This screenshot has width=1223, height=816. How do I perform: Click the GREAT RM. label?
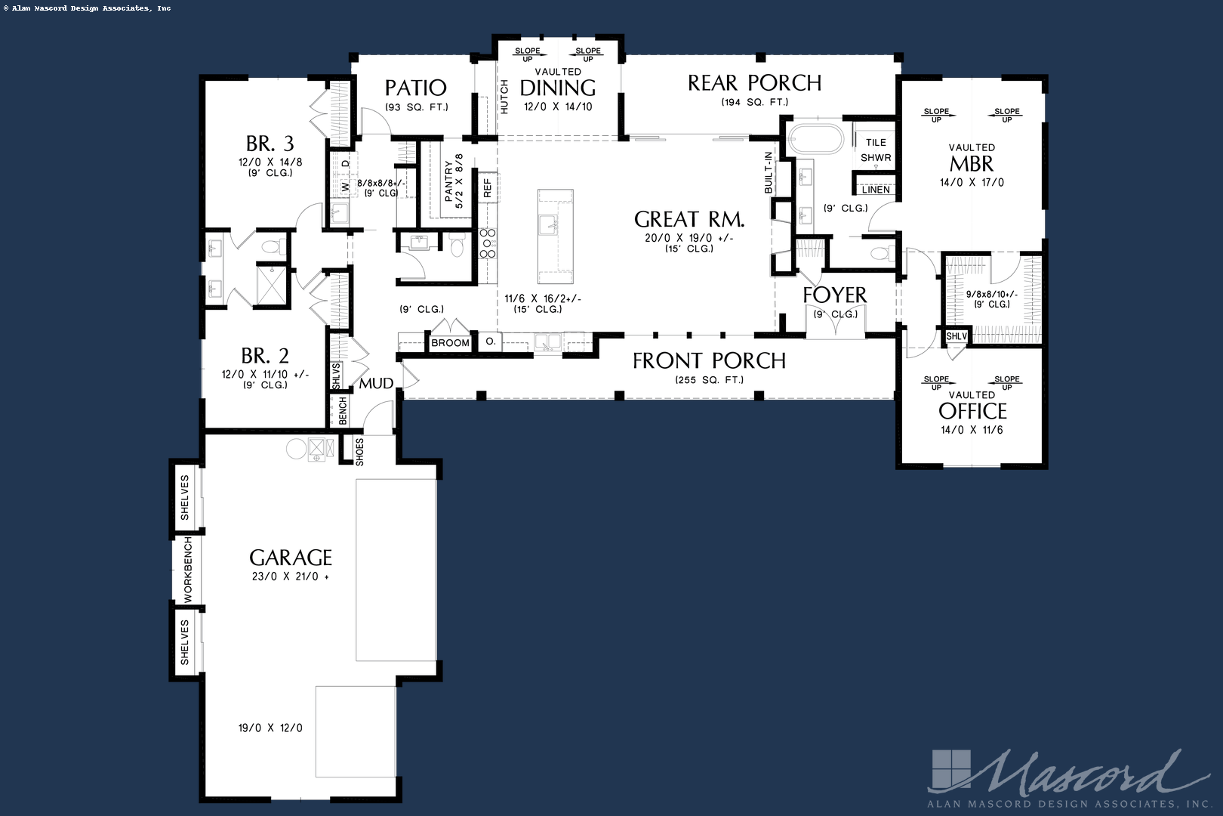[689, 220]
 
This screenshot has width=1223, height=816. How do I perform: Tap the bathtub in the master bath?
[815, 139]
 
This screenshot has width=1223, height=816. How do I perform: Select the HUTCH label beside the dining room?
[504, 97]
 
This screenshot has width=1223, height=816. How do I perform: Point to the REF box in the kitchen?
[488, 188]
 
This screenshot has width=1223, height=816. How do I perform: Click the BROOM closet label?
[450, 343]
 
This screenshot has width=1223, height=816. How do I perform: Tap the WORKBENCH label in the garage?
[188, 570]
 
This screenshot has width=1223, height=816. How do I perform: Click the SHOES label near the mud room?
[359, 451]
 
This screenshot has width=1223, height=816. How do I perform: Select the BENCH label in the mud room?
[343, 411]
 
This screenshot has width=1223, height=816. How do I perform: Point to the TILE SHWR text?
[876, 150]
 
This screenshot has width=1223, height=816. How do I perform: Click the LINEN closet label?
[876, 190]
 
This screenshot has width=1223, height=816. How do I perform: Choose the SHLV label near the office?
[956, 336]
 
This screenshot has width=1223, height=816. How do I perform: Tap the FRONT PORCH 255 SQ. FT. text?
[709, 380]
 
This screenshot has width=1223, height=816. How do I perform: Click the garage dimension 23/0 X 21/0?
[291, 576]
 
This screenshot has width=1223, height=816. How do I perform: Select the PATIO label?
[415, 88]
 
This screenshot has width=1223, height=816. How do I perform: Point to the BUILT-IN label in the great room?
[769, 172]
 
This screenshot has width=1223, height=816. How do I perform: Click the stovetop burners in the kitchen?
[488, 243]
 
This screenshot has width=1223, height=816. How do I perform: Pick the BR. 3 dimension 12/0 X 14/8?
[270, 162]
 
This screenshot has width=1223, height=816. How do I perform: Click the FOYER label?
[834, 295]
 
